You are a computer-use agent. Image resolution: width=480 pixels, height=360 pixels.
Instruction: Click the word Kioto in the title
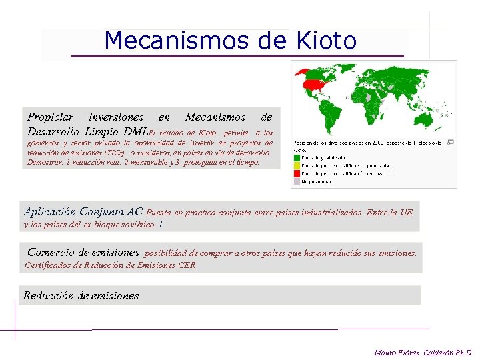[324, 41]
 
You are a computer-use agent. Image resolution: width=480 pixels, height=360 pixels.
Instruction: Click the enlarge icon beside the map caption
[450, 142]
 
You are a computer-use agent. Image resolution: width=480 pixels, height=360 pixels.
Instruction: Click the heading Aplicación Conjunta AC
[83, 211]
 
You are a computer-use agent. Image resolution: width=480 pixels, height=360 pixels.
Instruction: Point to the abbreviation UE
[406, 213]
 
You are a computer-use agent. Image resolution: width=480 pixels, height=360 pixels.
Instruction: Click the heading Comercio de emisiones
[83, 253]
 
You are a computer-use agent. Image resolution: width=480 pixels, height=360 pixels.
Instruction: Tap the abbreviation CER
[187, 265]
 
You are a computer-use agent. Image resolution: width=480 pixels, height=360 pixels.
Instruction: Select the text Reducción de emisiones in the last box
[81, 295]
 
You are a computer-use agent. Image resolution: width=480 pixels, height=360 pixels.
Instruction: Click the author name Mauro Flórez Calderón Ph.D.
[423, 352]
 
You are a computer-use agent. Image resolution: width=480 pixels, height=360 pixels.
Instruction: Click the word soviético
[137, 225]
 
